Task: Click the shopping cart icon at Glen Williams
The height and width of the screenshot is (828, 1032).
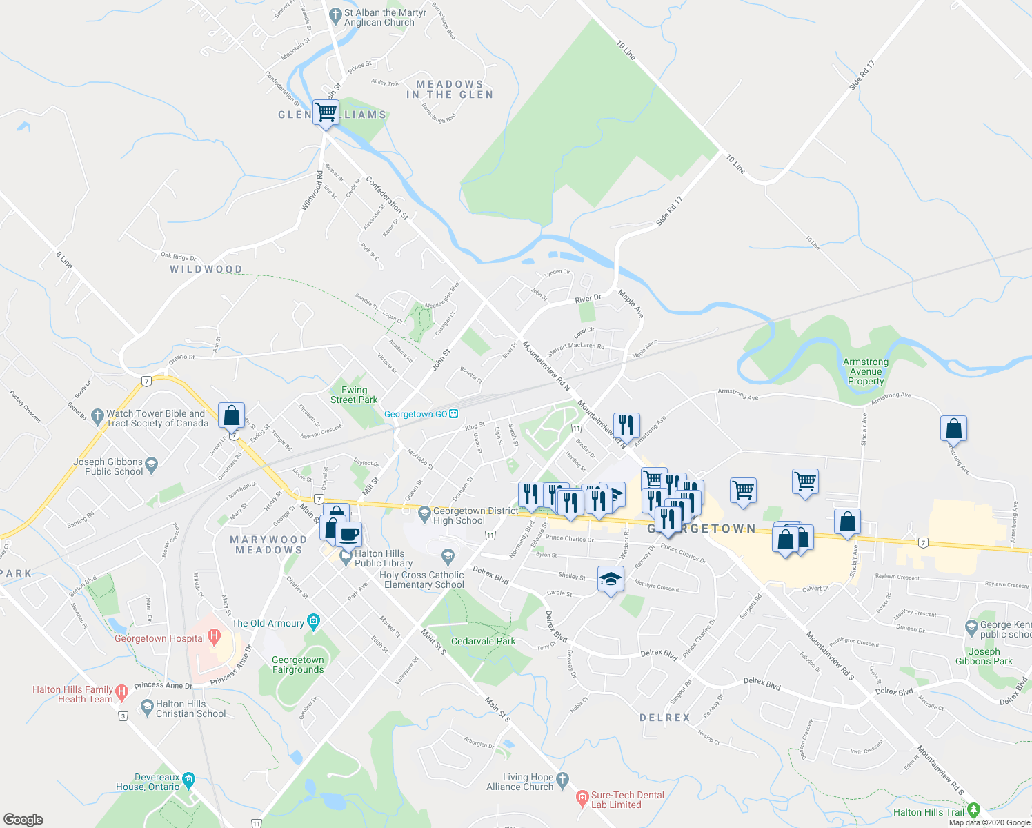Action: [x=326, y=112]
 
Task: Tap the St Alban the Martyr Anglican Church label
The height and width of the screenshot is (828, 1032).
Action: [x=379, y=17]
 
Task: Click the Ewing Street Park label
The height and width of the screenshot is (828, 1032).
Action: [x=354, y=395]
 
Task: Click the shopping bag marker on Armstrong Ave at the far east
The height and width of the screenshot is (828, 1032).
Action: [x=953, y=428]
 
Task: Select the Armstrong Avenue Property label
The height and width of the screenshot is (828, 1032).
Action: [x=866, y=371]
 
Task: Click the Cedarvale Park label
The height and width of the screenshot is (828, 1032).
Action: [x=483, y=641]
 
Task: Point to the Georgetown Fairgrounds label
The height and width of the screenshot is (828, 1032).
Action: [x=298, y=664]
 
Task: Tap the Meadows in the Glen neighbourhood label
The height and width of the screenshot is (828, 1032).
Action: [x=450, y=90]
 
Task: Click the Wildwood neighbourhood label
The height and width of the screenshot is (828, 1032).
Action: [x=206, y=269]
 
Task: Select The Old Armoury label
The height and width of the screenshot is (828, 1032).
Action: [x=268, y=623]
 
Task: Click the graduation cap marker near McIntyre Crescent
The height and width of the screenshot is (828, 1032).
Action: [x=611, y=579]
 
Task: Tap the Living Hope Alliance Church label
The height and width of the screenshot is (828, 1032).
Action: [x=520, y=782]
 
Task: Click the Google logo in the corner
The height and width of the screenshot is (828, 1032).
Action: [x=23, y=819]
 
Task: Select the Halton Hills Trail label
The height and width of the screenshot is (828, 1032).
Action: [x=929, y=812]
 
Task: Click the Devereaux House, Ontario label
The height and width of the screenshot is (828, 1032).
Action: [x=148, y=782]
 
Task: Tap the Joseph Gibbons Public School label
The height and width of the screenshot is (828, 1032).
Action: [x=109, y=466]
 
